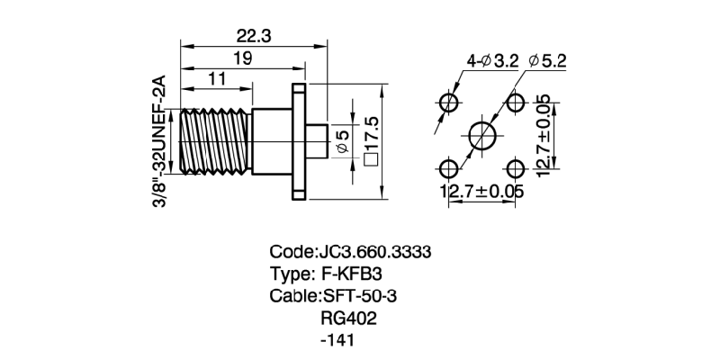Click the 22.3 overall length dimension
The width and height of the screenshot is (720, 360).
[x=255, y=36]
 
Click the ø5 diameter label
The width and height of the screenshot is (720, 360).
[x=342, y=141]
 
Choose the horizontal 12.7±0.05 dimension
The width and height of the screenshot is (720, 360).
[x=481, y=191]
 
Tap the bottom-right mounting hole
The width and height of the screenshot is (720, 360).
[x=516, y=168]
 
